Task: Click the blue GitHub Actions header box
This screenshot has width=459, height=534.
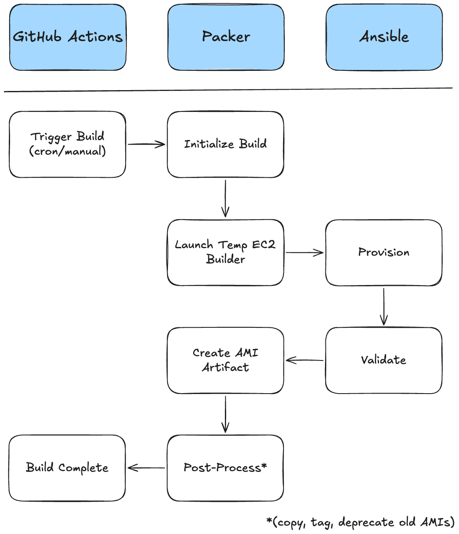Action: pyautogui.click(x=67, y=37)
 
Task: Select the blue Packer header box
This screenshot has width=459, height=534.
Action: pyautogui.click(x=226, y=37)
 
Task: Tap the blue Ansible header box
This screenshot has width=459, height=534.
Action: pyautogui.click(x=384, y=37)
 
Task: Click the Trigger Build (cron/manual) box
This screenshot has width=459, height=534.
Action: pyautogui.click(x=67, y=144)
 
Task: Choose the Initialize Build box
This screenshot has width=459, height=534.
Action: pyautogui.click(x=226, y=144)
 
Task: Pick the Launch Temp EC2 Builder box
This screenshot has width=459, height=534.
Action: pyautogui.click(x=226, y=252)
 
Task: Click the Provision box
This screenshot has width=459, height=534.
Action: pyautogui.click(x=384, y=252)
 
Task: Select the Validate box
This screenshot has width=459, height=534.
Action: pyautogui.click(x=384, y=360)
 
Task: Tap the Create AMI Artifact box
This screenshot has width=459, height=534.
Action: pyautogui.click(x=226, y=360)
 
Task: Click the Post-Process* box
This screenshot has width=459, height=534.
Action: pyautogui.click(x=225, y=468)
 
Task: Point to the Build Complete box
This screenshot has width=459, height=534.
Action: pyautogui.click(x=67, y=468)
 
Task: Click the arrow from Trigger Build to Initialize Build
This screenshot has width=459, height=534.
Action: pyautogui.click(x=147, y=144)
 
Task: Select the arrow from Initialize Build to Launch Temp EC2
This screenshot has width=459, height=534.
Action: pyautogui.click(x=225, y=198)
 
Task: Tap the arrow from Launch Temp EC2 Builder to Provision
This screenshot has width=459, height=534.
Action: pyautogui.click(x=304, y=252)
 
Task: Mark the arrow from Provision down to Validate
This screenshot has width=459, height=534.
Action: pyautogui.click(x=384, y=306)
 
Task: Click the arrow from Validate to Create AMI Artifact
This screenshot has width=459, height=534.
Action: pyautogui.click(x=304, y=360)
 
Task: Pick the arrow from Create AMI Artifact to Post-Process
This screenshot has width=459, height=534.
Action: pyautogui.click(x=225, y=414)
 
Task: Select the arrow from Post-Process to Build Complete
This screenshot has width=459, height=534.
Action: pyautogui.click(x=146, y=468)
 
